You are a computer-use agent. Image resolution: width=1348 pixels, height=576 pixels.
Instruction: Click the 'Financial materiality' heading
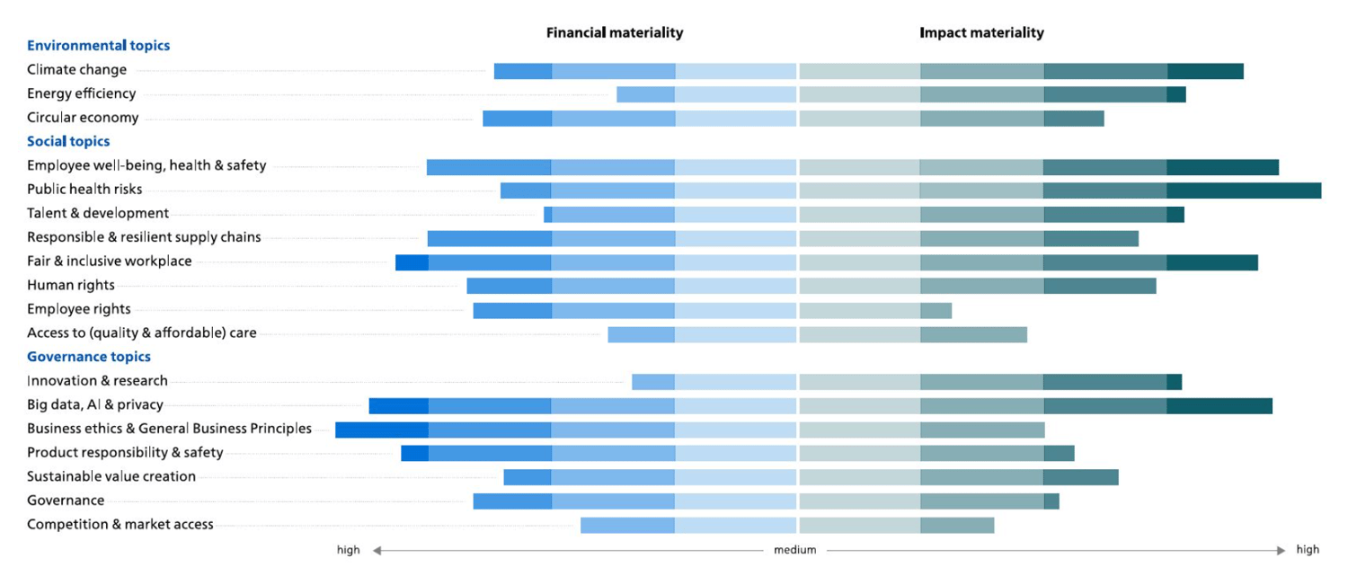[615, 33]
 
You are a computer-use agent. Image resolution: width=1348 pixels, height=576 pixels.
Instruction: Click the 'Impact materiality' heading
[981, 33]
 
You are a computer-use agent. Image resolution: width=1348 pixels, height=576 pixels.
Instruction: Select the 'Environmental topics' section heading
[98, 46]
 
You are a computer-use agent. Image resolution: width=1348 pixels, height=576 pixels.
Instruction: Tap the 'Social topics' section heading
[68, 142]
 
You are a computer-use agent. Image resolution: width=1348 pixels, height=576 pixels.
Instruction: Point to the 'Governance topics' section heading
[88, 358]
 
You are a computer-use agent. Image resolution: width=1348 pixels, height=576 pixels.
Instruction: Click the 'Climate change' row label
[77, 70]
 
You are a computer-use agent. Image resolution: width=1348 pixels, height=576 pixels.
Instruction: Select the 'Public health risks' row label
[84, 190]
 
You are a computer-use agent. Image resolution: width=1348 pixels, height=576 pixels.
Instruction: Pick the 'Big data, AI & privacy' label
[95, 405]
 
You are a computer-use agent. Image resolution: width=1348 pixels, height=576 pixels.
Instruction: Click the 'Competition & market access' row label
[120, 525]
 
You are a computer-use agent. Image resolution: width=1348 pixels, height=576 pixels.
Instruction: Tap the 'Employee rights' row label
[79, 309]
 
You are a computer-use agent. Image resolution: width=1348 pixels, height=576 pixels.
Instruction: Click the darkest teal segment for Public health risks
[1244, 191]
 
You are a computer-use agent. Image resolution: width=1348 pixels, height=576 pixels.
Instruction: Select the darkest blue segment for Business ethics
[382, 430]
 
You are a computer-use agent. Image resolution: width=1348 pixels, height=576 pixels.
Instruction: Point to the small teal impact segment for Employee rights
[936, 311]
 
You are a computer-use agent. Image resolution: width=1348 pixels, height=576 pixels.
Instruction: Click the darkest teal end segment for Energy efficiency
[1176, 94]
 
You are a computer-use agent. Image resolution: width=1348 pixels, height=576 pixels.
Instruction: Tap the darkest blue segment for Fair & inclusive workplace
[412, 262]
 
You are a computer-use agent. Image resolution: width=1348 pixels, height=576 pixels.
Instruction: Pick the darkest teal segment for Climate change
[1205, 71]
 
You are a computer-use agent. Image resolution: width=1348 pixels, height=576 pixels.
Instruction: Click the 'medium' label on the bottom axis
[795, 550]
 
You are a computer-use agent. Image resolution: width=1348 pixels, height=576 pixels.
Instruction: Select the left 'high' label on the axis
[349, 550]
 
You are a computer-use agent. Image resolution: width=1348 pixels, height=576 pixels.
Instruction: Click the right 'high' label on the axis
[1308, 550]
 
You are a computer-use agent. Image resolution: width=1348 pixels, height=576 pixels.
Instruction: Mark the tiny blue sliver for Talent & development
[548, 214]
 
